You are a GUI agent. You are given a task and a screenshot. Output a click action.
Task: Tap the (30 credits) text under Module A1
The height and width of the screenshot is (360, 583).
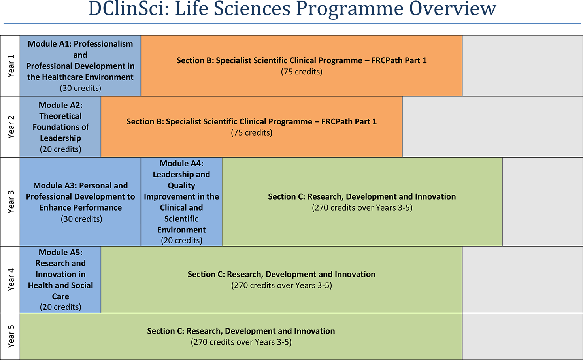point(80,88)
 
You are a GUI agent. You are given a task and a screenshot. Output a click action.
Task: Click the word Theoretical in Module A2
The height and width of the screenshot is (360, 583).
point(60,116)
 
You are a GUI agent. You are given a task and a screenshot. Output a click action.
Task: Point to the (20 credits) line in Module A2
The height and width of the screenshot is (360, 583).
point(60,149)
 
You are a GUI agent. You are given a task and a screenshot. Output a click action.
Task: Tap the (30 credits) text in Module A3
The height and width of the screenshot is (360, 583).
point(81,219)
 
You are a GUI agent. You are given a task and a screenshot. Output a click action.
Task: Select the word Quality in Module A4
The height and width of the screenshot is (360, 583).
point(181,186)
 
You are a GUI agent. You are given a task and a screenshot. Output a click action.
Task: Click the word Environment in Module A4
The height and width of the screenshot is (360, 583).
point(181,230)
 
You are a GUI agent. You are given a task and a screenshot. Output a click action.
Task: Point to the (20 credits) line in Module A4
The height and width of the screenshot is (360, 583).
point(181,241)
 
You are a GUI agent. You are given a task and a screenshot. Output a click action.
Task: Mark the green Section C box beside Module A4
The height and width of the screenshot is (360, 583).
point(362,225)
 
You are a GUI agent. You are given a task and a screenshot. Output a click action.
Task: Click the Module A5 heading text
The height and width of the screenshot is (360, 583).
point(60,253)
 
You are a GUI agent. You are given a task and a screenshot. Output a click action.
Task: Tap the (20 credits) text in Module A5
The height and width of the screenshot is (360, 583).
point(60,307)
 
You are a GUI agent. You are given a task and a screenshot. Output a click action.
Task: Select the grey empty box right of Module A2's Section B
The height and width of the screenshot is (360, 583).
point(492,127)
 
